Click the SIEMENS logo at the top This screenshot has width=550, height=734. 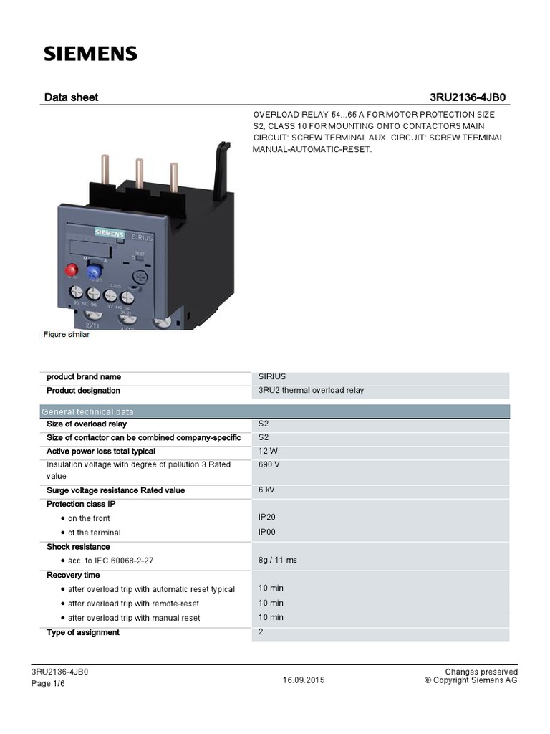[90, 54]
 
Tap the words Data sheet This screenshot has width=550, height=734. [71, 97]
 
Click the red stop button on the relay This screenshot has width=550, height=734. [72, 270]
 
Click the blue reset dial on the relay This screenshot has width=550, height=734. [93, 271]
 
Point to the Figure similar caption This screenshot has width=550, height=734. [67, 335]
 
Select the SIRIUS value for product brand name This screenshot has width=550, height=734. [272, 376]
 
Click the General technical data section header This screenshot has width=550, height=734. [89, 411]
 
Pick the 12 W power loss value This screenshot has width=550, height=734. [268, 451]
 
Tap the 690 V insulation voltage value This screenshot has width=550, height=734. [269, 464]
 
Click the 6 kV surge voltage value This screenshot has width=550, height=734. [266, 490]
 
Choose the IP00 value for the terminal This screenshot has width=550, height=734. [267, 532]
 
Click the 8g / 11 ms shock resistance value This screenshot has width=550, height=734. [277, 560]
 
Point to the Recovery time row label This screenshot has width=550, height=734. [73, 575]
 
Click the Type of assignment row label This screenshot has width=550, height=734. [83, 632]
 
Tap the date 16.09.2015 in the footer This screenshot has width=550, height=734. [304, 680]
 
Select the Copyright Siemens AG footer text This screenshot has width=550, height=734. [471, 680]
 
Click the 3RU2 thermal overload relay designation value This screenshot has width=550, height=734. [311, 391]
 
